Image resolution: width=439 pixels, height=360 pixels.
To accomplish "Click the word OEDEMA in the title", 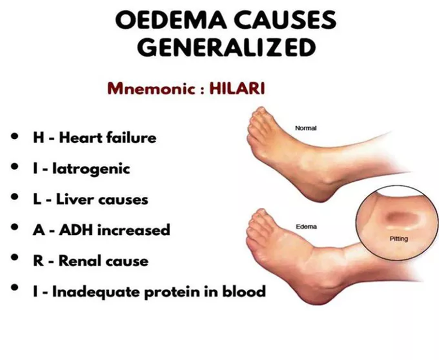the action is pos(171,20).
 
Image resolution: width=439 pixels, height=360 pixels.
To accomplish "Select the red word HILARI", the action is pos(237,89).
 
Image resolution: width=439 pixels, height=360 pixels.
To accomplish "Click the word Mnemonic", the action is pos(152,89).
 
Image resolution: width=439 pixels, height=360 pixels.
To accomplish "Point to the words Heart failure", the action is pos(108,138).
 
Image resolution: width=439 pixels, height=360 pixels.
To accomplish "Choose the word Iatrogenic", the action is pos(91,169).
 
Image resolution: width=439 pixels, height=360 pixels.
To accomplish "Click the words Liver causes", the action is pos(102,200).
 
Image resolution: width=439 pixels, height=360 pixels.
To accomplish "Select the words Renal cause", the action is pos(104,261).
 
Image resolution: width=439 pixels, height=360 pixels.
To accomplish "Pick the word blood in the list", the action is pos(244,291).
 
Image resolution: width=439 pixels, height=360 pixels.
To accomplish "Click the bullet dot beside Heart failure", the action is pos(14,137).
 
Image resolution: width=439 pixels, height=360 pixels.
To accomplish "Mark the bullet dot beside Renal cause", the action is pos(14,257).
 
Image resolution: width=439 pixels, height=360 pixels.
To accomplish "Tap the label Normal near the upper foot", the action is pos(306,128).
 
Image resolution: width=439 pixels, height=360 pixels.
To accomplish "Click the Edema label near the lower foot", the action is pos(307,226).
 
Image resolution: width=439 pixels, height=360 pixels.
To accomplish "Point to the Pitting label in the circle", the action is pos(399,238).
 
